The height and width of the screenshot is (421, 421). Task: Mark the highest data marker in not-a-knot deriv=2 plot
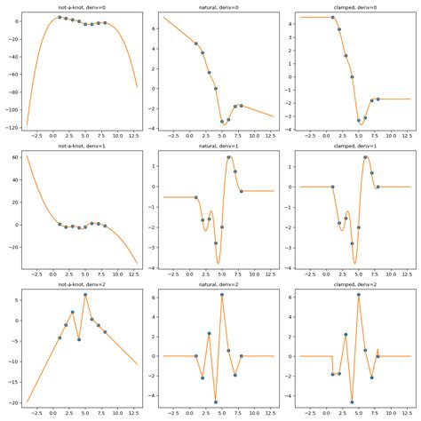click(x=85, y=294)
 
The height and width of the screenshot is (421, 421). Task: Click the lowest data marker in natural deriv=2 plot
click(x=216, y=401)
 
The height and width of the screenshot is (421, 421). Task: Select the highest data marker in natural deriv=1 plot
click(x=229, y=157)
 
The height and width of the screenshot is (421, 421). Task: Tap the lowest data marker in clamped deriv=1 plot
click(x=359, y=262)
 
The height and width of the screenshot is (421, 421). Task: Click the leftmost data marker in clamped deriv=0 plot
click(x=333, y=17)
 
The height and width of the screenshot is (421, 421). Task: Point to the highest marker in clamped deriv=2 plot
click(x=359, y=294)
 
